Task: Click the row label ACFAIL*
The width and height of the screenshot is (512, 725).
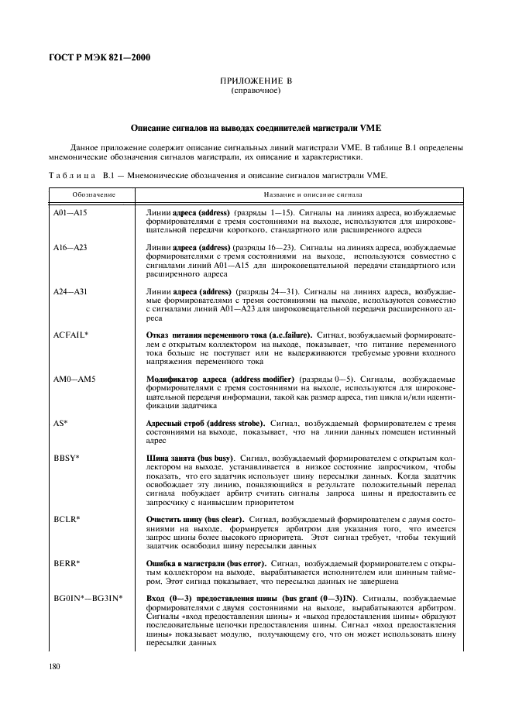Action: click(x=70, y=335)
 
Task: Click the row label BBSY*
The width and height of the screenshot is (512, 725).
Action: click(x=64, y=459)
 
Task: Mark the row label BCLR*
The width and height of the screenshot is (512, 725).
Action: click(x=64, y=520)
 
